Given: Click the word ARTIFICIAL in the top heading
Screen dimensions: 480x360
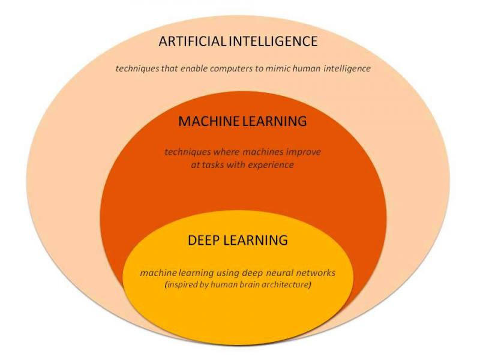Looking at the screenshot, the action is (x=193, y=41).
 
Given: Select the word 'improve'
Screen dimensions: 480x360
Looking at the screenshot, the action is (x=303, y=152).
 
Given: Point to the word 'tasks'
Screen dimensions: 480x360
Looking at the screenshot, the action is (x=213, y=165).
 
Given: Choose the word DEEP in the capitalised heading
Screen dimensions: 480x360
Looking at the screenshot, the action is (x=203, y=240).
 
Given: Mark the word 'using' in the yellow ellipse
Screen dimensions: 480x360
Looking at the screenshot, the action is (x=228, y=273).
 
